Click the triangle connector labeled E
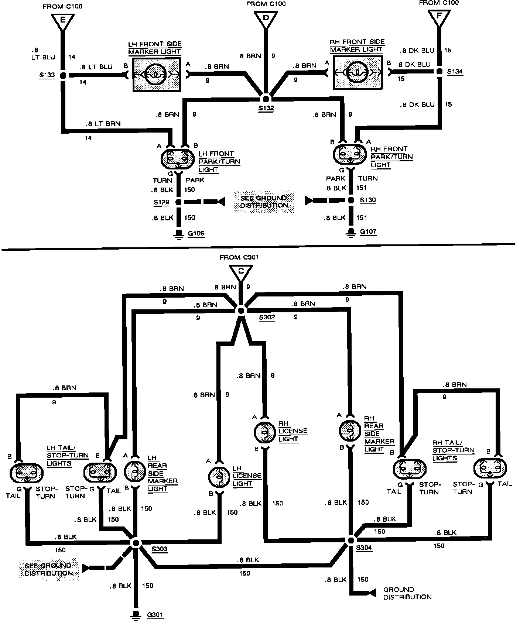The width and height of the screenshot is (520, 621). pyautogui.click(x=62, y=21)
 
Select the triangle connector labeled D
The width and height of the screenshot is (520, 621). pyautogui.click(x=265, y=20)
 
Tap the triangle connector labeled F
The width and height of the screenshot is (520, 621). pyautogui.click(x=439, y=18)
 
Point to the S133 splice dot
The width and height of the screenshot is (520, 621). pyautogui.click(x=63, y=75)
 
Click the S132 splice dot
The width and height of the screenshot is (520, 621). pyautogui.click(x=266, y=99)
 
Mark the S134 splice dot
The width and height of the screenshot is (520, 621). pyautogui.click(x=439, y=71)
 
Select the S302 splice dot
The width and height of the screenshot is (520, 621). pyautogui.click(x=241, y=310)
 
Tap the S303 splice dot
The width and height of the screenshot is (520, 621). pyautogui.click(x=136, y=542)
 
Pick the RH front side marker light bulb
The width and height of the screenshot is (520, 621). pyautogui.click(x=357, y=72)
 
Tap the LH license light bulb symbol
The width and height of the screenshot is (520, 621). pyautogui.click(x=219, y=477)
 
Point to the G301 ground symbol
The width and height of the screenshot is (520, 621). pyautogui.click(x=136, y=614)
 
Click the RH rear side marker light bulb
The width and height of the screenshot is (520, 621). pyautogui.click(x=349, y=430)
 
